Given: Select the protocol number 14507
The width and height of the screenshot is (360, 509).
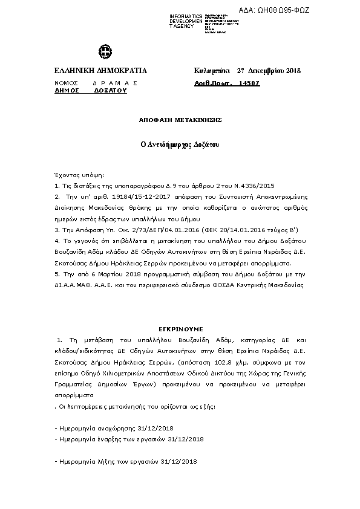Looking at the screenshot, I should click(249, 83).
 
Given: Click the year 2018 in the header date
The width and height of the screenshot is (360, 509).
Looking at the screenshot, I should click(293, 71).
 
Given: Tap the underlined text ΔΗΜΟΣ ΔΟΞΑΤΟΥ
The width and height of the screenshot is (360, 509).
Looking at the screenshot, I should click(90, 89).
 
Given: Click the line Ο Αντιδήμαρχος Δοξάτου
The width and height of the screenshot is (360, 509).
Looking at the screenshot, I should click(180, 145).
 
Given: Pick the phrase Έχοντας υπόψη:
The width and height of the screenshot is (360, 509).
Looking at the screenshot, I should click(79, 175).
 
